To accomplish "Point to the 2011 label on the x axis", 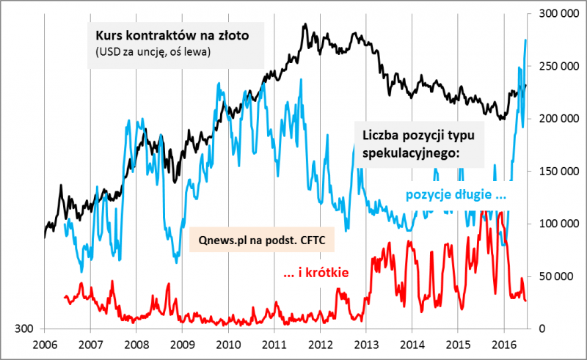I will click(274, 343).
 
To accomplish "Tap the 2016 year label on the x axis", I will click(503, 343).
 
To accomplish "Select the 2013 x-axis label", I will click(365, 343).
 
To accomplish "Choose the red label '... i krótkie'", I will click(315, 273).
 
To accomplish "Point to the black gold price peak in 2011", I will click(304, 24).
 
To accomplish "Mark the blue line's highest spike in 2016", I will click(526, 40).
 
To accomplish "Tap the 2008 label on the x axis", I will click(136, 343).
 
